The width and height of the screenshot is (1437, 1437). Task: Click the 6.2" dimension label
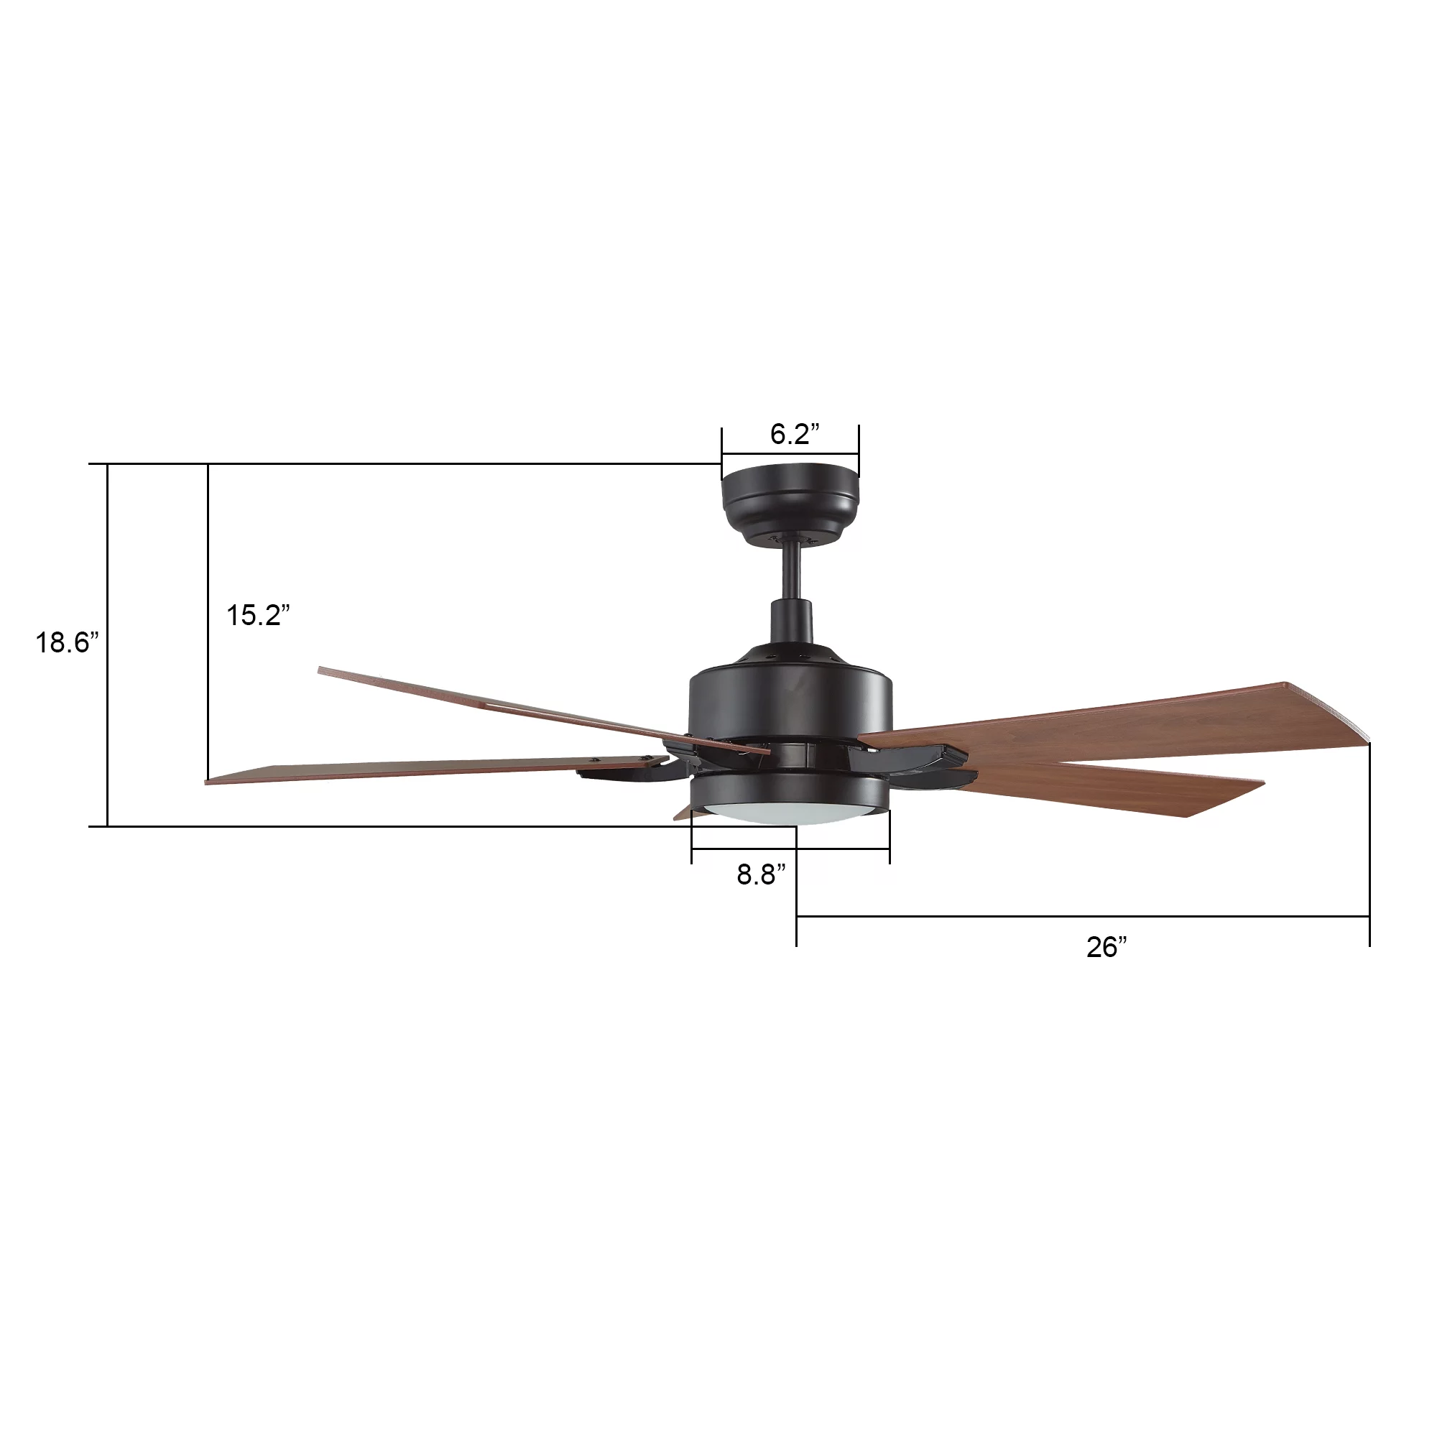[x=795, y=434]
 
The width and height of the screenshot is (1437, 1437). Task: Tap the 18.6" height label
[x=67, y=642]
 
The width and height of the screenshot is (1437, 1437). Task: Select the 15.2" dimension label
[x=257, y=615]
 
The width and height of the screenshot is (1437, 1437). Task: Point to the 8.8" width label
[x=761, y=874]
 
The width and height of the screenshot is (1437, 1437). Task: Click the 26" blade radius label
[x=1106, y=947]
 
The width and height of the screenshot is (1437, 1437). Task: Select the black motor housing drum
[x=790, y=699]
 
